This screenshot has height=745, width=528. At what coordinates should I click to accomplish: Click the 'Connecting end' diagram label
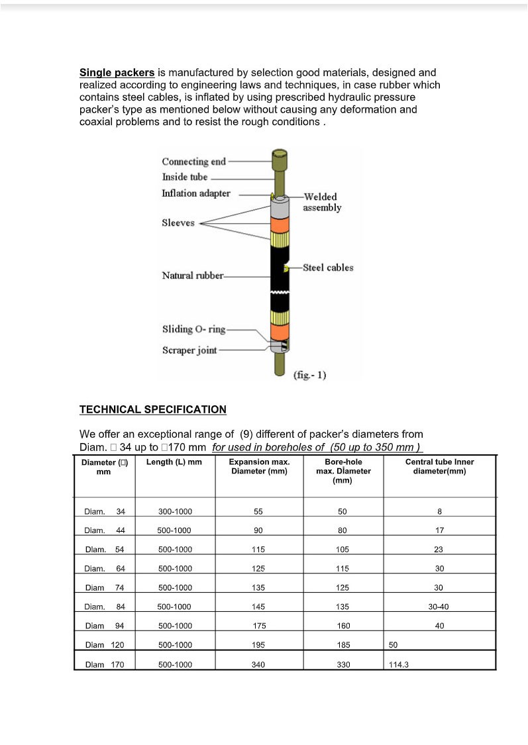tap(194, 162)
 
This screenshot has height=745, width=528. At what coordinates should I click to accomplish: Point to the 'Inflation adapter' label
tap(196, 193)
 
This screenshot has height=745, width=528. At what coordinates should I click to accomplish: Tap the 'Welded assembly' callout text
tap(322, 202)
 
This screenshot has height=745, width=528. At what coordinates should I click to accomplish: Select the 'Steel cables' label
tap(328, 268)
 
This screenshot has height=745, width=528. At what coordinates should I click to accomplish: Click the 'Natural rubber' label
tap(193, 275)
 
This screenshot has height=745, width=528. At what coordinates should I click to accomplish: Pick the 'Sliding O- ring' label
tap(193, 329)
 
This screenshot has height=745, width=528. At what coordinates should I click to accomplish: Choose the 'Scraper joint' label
tap(189, 350)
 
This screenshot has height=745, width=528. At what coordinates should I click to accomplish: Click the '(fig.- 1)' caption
tap(309, 375)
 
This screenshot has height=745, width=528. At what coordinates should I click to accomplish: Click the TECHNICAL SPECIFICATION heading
tap(153, 409)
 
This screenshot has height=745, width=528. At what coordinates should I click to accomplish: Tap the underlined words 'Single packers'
tap(117, 73)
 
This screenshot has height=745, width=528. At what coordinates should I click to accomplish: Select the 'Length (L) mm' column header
tap(174, 462)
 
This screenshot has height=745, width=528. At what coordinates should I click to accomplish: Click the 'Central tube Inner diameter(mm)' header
tap(439, 466)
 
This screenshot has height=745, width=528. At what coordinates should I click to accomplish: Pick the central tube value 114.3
tap(398, 664)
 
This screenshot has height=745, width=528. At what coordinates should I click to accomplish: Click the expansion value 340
tap(258, 664)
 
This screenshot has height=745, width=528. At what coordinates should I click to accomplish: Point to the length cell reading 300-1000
tap(175, 511)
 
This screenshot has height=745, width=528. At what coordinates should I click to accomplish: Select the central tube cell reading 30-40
tap(439, 607)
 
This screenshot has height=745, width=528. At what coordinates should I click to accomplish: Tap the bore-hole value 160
tap(343, 626)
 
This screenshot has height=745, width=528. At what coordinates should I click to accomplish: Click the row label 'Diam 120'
tap(105, 645)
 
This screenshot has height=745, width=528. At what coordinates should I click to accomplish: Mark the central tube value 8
tap(439, 511)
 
